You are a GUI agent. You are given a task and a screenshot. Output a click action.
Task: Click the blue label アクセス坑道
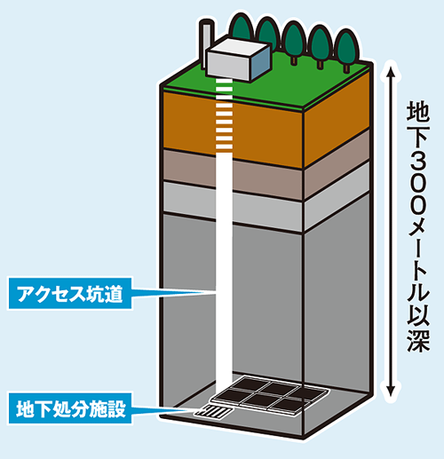70,293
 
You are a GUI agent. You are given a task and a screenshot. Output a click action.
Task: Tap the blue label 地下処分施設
70,408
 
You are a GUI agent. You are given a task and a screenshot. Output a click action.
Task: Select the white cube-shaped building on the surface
238,59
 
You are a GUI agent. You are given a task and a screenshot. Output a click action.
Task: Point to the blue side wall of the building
260,63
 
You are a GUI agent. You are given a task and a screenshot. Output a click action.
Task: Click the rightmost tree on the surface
346,49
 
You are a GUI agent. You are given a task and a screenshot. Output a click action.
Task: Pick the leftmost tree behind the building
242,28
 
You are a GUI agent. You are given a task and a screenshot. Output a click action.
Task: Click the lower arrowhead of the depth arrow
391,391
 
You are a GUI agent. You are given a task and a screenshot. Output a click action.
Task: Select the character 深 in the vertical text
417,340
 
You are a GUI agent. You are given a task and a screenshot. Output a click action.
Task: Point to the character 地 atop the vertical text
417,111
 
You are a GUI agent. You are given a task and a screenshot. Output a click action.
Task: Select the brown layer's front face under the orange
233,175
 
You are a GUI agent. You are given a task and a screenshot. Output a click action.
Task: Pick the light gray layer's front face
233,207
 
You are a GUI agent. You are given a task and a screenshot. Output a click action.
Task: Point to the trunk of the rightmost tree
346,68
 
